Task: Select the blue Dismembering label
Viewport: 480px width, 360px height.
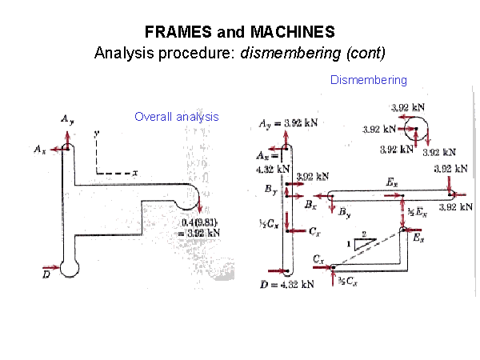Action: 369,80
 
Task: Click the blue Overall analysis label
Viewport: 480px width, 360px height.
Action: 177,117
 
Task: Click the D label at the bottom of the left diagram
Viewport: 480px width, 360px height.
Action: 46,274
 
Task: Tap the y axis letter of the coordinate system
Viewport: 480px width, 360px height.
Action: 96,134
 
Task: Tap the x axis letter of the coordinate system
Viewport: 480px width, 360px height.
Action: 135,172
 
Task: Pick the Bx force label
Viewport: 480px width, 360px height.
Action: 311,205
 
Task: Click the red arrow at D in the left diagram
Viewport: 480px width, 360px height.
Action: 53,266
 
